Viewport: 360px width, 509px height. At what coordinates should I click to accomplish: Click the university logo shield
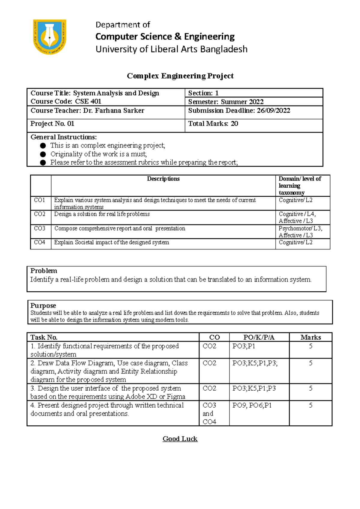coord(49,37)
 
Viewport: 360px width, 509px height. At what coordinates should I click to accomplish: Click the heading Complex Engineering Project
coord(180,76)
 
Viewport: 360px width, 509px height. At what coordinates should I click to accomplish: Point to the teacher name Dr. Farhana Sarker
coord(114,111)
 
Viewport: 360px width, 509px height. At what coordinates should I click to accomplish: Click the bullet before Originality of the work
coord(43,154)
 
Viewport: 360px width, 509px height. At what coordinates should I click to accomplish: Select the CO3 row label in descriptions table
coord(40,228)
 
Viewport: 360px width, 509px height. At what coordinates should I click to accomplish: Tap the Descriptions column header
coord(163,179)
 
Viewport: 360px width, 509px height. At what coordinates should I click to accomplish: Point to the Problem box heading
coord(44,271)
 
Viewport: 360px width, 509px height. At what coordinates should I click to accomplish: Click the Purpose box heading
coord(43,305)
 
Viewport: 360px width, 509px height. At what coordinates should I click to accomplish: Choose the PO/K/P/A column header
coord(259,337)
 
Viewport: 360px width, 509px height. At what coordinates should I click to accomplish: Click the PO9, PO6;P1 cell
coord(252,406)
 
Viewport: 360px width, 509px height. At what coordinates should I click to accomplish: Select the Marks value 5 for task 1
coord(310,346)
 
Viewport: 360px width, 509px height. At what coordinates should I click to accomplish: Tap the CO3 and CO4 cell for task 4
coord(209,413)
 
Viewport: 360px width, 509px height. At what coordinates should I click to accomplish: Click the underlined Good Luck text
coord(180,439)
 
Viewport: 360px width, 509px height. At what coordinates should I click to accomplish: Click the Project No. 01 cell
coord(52,124)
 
